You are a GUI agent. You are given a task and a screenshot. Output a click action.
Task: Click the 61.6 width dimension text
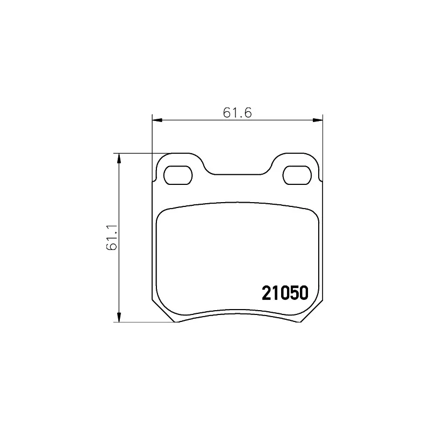click(237, 113)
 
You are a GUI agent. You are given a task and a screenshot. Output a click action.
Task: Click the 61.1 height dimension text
click(112, 237)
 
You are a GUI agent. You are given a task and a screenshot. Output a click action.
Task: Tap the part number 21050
click(285, 293)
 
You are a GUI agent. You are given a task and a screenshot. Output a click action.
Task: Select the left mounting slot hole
click(178, 175)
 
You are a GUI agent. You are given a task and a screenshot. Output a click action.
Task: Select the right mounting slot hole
click(297, 175)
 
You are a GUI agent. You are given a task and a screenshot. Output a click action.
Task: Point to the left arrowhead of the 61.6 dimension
click(157, 120)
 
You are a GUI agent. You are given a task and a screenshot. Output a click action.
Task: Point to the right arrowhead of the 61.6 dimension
click(318, 120)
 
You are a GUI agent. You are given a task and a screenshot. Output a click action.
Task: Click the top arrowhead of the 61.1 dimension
click(119, 159)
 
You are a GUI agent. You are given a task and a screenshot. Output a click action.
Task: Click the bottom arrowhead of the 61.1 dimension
click(119, 317)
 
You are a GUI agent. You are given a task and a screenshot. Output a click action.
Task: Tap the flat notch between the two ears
click(238, 174)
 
